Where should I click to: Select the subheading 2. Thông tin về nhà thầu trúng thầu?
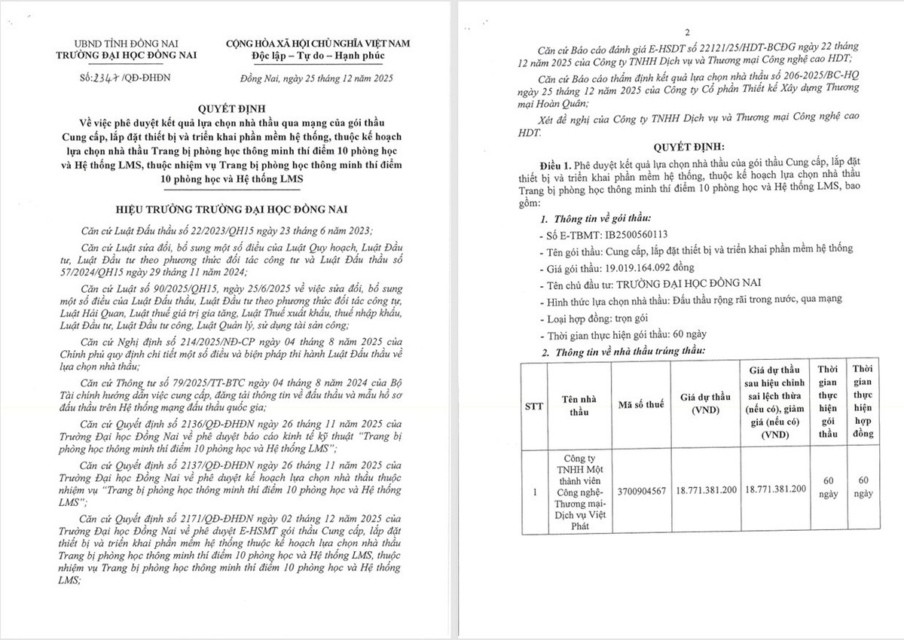(x=624, y=352)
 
